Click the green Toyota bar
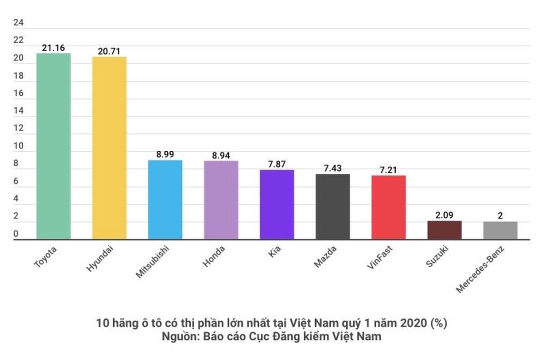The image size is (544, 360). [x=53, y=146]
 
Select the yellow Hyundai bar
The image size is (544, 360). [x=109, y=148]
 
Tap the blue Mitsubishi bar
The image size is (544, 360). [x=165, y=200]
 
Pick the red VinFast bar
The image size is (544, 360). [x=388, y=207]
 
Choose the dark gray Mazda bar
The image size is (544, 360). [x=333, y=207]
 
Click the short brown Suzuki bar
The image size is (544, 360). [x=444, y=230]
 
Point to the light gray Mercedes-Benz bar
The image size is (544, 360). [x=500, y=230]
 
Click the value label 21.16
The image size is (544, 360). [x=53, y=48]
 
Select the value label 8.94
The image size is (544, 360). [x=221, y=156]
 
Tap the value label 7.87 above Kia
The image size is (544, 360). [x=277, y=164]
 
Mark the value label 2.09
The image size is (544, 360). [x=444, y=215]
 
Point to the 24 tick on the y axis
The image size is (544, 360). [x=18, y=22]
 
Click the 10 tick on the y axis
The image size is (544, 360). [x=18, y=146]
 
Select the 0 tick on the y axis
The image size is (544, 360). [x=16, y=234]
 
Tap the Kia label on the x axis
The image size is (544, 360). [x=274, y=251]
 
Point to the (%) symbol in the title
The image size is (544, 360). [x=439, y=323]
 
